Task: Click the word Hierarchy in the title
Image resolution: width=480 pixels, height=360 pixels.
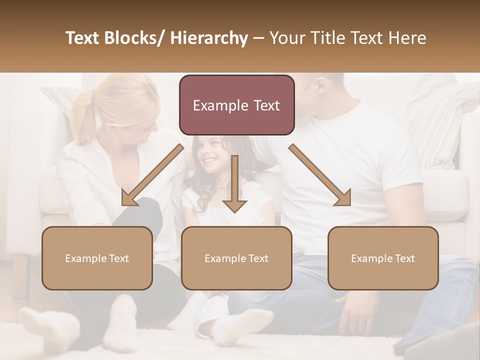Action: [209, 38]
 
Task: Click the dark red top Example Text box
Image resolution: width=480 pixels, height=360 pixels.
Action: [236, 105]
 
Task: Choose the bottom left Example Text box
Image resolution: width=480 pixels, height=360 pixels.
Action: [97, 258]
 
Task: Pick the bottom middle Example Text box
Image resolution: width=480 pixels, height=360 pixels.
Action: [236, 258]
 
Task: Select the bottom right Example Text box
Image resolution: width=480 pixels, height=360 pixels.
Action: [383, 258]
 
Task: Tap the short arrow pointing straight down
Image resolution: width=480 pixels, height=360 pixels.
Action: [235, 185]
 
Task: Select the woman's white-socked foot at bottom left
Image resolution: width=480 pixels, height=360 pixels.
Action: [47, 327]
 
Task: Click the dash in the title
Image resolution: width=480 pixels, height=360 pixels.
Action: [258, 38]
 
